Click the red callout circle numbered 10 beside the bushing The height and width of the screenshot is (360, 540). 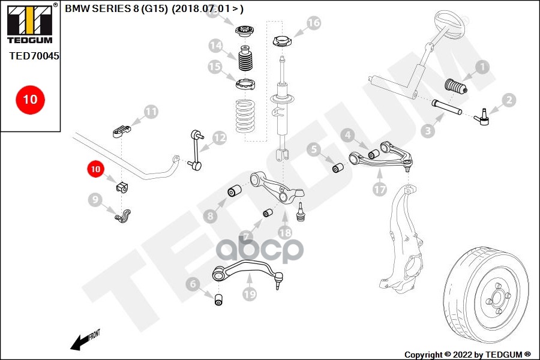[x=95, y=170]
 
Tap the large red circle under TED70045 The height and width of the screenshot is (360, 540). [x=30, y=99]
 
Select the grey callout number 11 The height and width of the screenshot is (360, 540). [x=151, y=111]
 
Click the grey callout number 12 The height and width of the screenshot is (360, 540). [x=219, y=138]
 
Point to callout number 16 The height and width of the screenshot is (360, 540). [x=314, y=23]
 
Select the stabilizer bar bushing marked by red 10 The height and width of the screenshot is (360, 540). [x=122, y=185]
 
